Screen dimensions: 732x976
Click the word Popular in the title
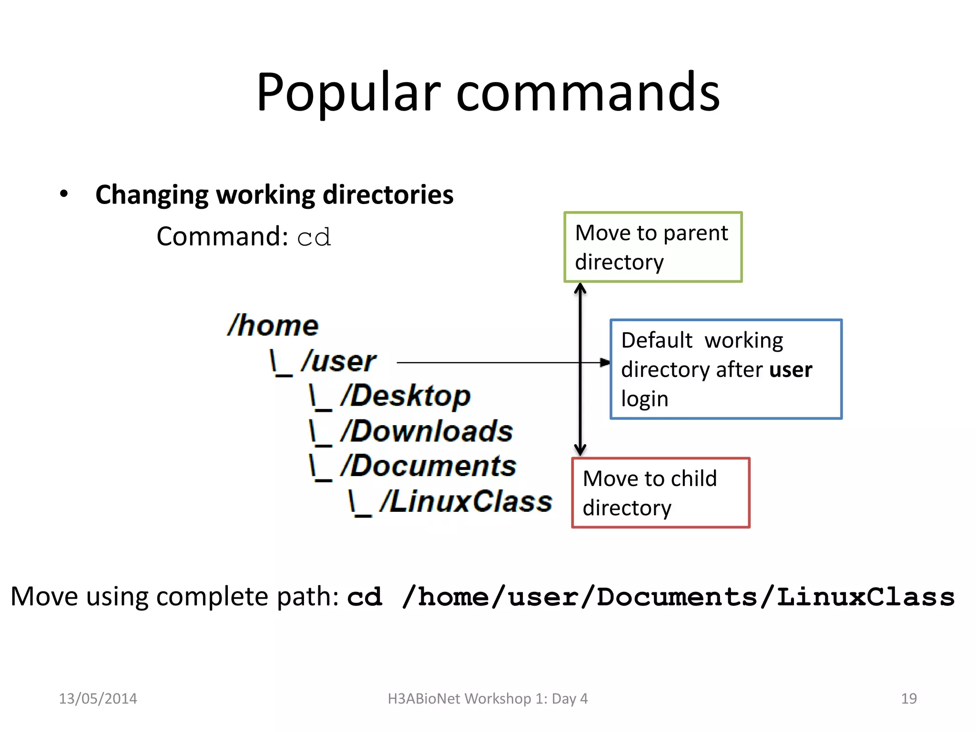(x=348, y=93)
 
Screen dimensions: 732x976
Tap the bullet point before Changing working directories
(x=64, y=194)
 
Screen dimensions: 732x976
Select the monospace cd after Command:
(x=314, y=237)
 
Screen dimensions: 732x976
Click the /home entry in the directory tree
(x=273, y=325)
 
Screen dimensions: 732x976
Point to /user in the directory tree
(x=338, y=361)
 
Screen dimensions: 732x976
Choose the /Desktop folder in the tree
(x=405, y=396)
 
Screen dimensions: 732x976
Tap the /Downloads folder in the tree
(x=427, y=431)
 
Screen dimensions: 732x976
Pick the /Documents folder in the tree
(x=428, y=466)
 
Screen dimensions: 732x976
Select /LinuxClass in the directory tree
(x=466, y=502)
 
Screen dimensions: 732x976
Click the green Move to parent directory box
(x=653, y=247)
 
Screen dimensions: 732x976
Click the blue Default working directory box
(x=726, y=369)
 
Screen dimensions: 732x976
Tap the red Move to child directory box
(x=661, y=493)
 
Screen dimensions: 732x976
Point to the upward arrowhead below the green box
(x=580, y=289)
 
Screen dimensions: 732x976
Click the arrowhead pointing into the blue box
(x=605, y=363)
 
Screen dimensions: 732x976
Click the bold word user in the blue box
(x=790, y=370)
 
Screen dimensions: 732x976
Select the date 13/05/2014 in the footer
(x=98, y=699)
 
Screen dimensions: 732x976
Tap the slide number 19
(x=909, y=699)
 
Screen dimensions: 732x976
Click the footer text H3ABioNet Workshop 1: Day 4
(x=488, y=699)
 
